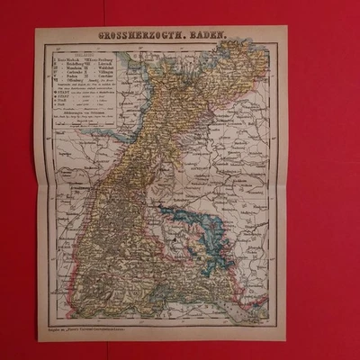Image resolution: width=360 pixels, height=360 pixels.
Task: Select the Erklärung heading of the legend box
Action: [x=85, y=53]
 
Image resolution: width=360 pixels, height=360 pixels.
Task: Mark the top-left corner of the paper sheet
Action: [x=37, y=28]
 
